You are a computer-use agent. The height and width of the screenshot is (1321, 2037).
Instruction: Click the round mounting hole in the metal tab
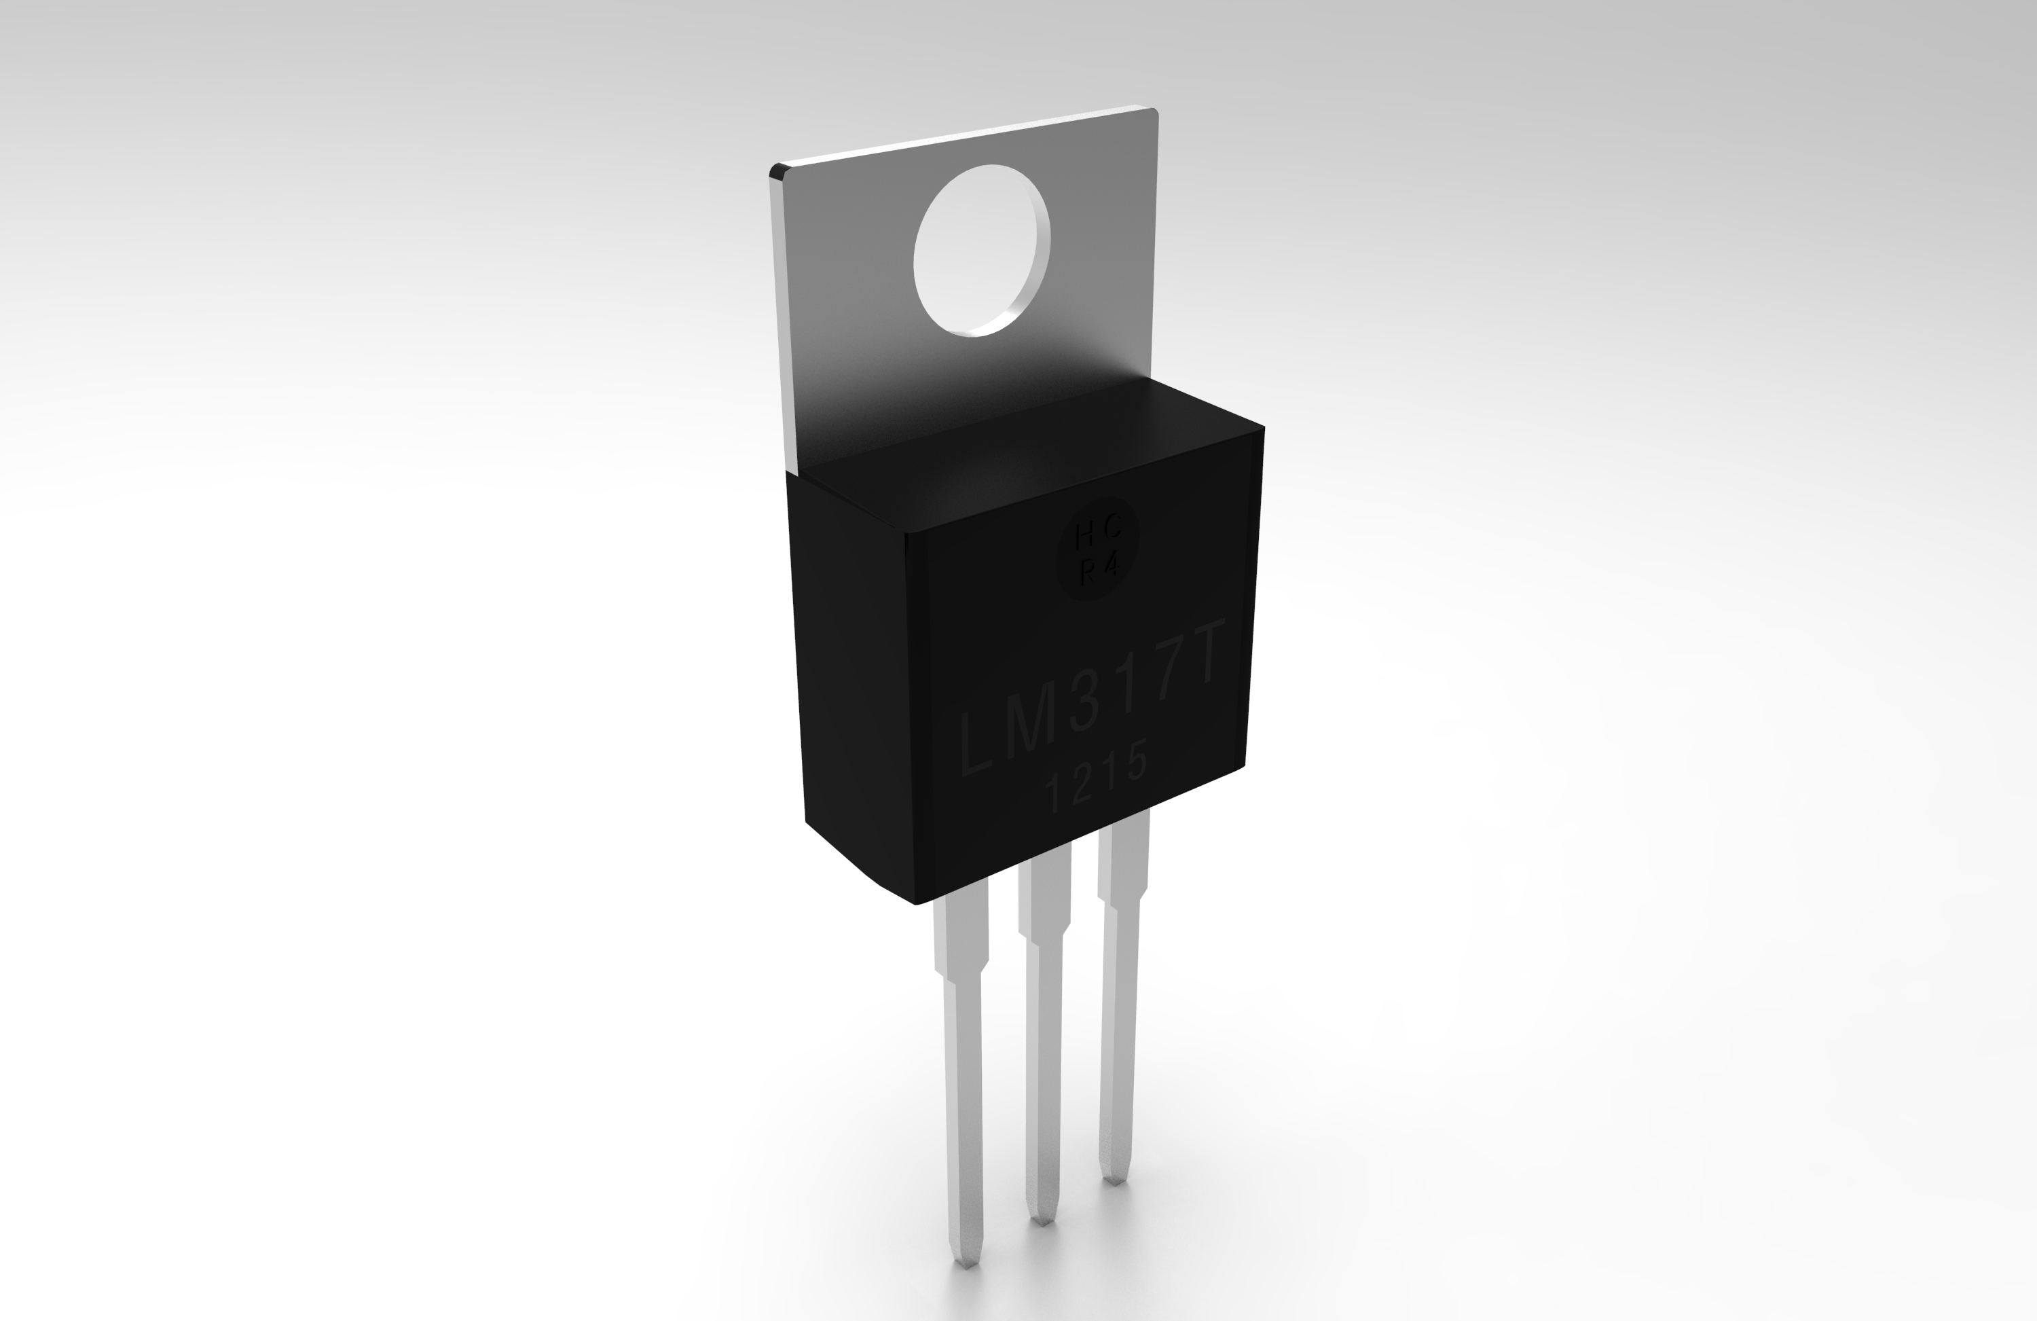coord(980,250)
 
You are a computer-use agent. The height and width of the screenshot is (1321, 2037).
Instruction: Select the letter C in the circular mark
coord(1112,531)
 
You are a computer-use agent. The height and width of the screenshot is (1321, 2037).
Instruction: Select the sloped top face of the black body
coord(1027,454)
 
